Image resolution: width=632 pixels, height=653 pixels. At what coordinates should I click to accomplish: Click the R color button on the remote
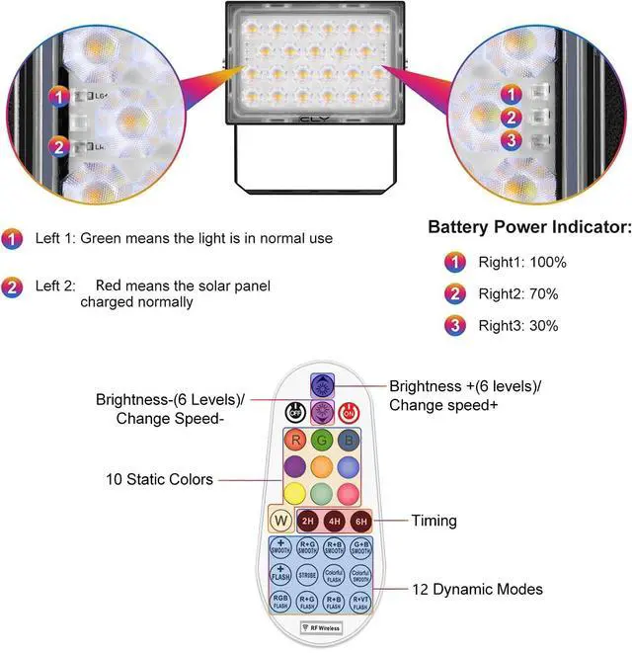coord(294,441)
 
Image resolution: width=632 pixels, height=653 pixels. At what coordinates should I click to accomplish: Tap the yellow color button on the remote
coord(294,491)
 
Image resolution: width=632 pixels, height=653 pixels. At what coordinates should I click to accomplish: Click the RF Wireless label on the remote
coord(320,626)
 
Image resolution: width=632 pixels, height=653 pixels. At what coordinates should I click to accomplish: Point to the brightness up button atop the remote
coord(322,384)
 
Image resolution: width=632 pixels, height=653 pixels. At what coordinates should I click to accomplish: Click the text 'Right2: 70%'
coord(518,293)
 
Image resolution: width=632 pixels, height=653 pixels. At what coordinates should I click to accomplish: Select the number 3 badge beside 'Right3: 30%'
coord(455,325)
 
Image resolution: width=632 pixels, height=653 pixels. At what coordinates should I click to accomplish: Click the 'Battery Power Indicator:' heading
coord(529,227)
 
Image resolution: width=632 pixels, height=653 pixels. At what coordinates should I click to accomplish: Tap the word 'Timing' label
coord(434,521)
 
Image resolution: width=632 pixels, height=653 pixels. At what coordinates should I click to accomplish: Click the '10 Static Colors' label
coord(159,480)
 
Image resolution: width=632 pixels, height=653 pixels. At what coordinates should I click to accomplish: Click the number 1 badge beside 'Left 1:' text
coord(13,238)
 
